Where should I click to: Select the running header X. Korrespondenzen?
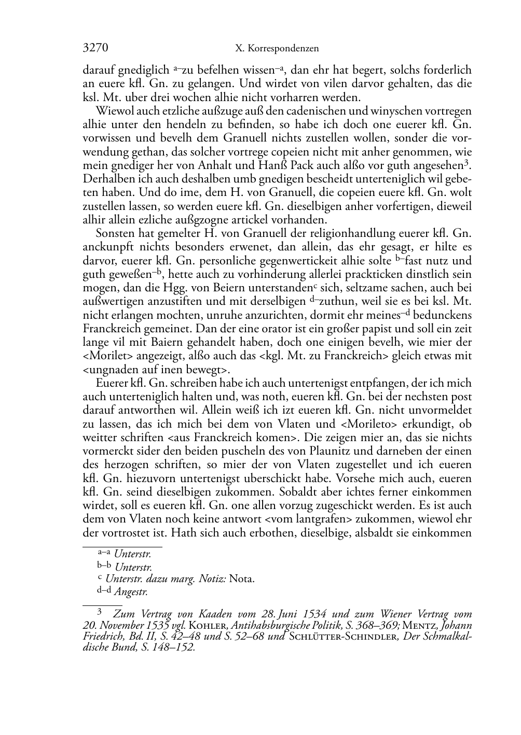(277, 49)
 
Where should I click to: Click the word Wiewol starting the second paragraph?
(113, 110)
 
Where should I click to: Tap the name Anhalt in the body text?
(220, 165)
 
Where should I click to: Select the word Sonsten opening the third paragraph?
(114, 233)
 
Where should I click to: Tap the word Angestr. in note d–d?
(131, 591)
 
